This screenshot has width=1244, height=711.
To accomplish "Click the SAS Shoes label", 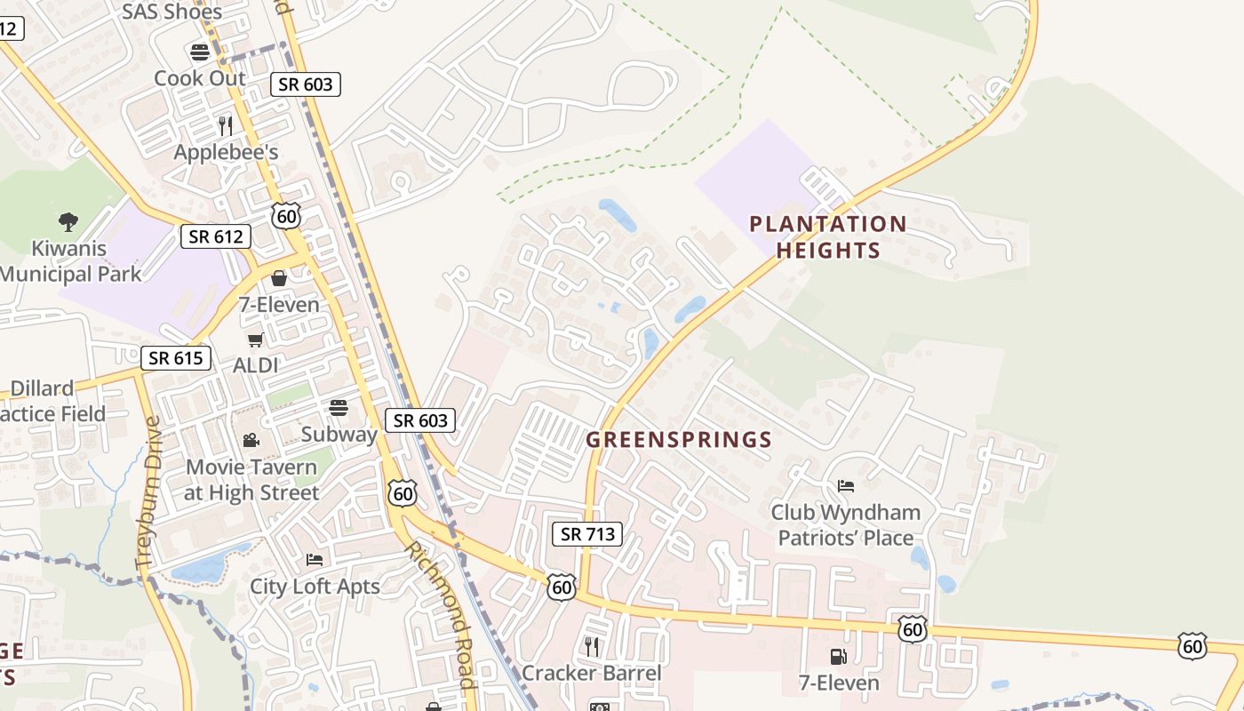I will pyautogui.click(x=171, y=12).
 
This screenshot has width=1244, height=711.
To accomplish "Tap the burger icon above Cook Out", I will pyautogui.click(x=200, y=52).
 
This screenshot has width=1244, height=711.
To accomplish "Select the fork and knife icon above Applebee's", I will pyautogui.click(x=226, y=126).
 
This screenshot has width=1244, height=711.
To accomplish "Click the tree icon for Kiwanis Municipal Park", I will pyautogui.click(x=68, y=222).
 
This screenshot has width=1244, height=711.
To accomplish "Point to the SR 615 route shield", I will pyautogui.click(x=176, y=358).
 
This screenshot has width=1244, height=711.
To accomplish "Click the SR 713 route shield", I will pyautogui.click(x=586, y=534).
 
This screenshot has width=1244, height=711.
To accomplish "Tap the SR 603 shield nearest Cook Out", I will pyautogui.click(x=306, y=84).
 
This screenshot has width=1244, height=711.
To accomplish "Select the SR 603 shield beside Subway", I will pyautogui.click(x=420, y=420).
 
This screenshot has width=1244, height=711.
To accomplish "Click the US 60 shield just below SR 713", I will pyautogui.click(x=562, y=587).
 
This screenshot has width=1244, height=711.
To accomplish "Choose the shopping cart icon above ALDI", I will pyautogui.click(x=255, y=340).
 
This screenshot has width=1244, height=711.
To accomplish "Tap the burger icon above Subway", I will pyautogui.click(x=339, y=408).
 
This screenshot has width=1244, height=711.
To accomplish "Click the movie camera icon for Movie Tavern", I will pyautogui.click(x=251, y=441).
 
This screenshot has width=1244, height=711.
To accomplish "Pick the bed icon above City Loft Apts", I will pyautogui.click(x=315, y=560).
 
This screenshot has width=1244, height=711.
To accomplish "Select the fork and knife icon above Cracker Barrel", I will pyautogui.click(x=592, y=646).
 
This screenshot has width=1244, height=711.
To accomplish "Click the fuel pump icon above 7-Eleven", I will pyautogui.click(x=838, y=657).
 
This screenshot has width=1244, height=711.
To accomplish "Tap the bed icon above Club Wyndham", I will pyautogui.click(x=846, y=486).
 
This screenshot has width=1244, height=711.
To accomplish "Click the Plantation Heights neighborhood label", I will pyautogui.click(x=828, y=236).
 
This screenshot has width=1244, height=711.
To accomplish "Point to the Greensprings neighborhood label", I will pyautogui.click(x=679, y=439).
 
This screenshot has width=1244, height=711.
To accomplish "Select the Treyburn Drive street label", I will pyautogui.click(x=148, y=492).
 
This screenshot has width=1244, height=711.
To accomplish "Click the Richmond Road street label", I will pyautogui.click(x=440, y=613).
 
